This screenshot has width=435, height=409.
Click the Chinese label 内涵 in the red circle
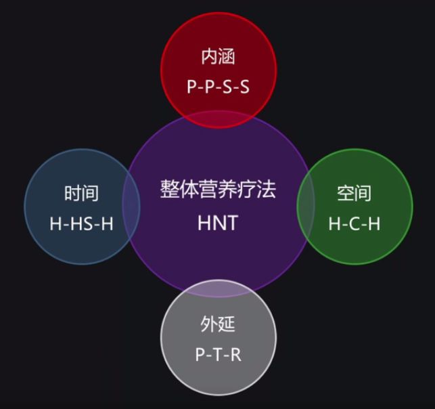(218, 56)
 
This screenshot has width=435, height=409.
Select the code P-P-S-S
(218, 87)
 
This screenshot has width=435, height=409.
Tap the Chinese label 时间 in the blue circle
(81, 193)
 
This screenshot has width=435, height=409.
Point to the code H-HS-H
(81, 223)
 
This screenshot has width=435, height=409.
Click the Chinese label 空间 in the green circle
(354, 193)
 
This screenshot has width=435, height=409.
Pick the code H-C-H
(354, 223)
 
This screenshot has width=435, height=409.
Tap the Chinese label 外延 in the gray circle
(218, 324)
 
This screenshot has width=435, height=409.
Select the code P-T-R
(218, 354)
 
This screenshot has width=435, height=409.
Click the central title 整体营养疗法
(218, 188)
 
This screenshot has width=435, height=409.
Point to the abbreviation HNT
(218, 222)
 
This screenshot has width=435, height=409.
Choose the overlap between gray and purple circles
(218, 288)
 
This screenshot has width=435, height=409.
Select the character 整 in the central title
(169, 188)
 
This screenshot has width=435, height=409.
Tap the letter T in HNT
(232, 222)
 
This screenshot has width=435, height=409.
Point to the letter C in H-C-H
(354, 223)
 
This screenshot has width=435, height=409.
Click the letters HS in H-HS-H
(81, 223)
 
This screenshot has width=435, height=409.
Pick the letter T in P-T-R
(218, 354)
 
